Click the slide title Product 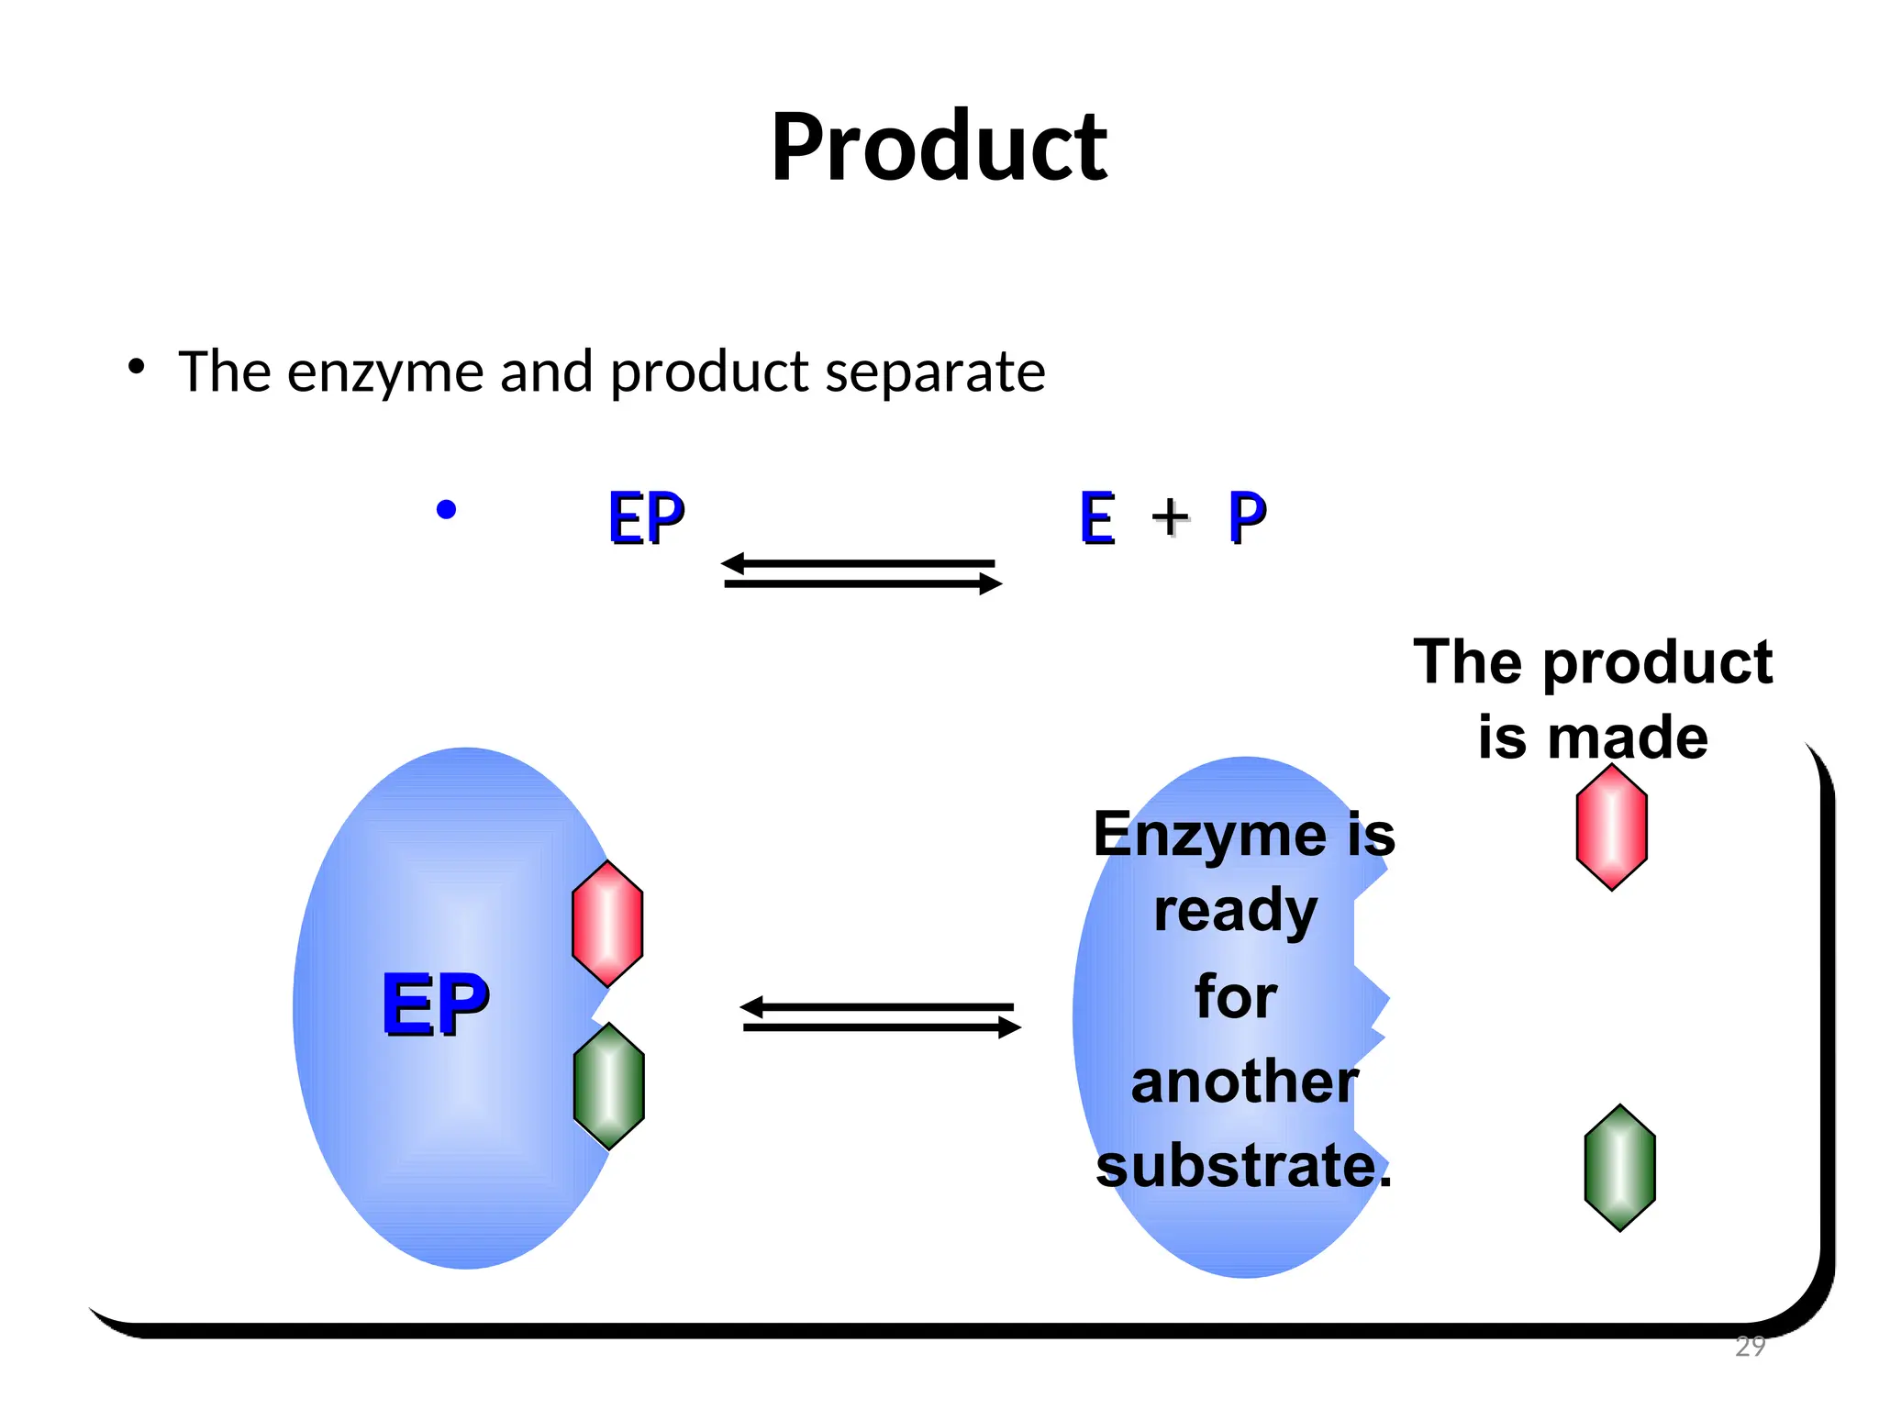coord(939,147)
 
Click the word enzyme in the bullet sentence coord(385,372)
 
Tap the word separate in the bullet coord(935,372)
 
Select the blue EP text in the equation coord(646,518)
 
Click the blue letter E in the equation coord(1097,518)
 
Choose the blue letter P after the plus coord(1247,518)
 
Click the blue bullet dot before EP coord(447,509)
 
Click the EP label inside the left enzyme coord(435,1004)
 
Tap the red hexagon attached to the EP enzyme coord(607,923)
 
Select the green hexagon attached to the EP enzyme coord(609,1086)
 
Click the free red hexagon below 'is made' coord(1612,827)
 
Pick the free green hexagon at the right coord(1619,1167)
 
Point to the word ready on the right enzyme coord(1235,911)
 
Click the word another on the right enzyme coord(1244,1082)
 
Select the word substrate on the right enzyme coord(1239,1166)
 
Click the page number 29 coord(1750,1346)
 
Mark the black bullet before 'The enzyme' coord(137,367)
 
